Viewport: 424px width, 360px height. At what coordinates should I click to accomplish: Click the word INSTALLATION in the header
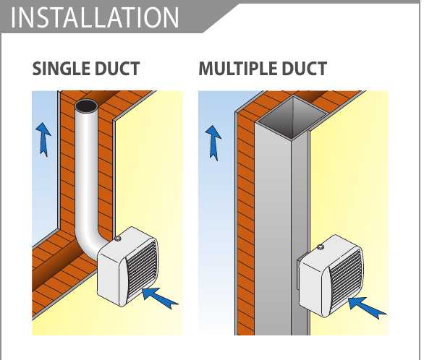95,17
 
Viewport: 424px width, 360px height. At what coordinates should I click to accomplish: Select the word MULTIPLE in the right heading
238,69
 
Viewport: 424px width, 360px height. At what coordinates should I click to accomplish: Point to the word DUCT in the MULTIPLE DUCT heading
304,69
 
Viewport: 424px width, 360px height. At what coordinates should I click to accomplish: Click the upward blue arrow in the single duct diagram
43,139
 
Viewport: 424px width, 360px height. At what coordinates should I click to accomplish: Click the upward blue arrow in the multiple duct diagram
213,142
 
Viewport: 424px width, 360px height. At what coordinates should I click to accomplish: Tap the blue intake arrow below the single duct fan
159,298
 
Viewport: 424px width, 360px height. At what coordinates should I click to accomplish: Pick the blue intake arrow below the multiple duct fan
366,308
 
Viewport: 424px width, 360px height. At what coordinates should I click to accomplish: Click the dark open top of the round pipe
87,106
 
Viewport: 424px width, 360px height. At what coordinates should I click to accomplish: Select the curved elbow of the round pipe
88,243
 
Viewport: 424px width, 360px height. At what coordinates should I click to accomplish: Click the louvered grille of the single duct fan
140,270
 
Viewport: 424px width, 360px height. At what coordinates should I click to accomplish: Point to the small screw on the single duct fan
117,239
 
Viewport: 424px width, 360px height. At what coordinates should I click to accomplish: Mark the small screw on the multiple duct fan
321,247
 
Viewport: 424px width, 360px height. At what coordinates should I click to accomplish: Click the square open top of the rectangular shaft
292,118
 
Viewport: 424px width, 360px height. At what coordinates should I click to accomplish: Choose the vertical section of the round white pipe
87,168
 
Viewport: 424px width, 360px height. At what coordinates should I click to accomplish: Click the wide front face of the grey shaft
273,230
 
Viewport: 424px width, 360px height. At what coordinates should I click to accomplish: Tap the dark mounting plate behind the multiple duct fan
298,273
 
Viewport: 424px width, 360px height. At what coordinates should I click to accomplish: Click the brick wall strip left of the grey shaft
245,224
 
